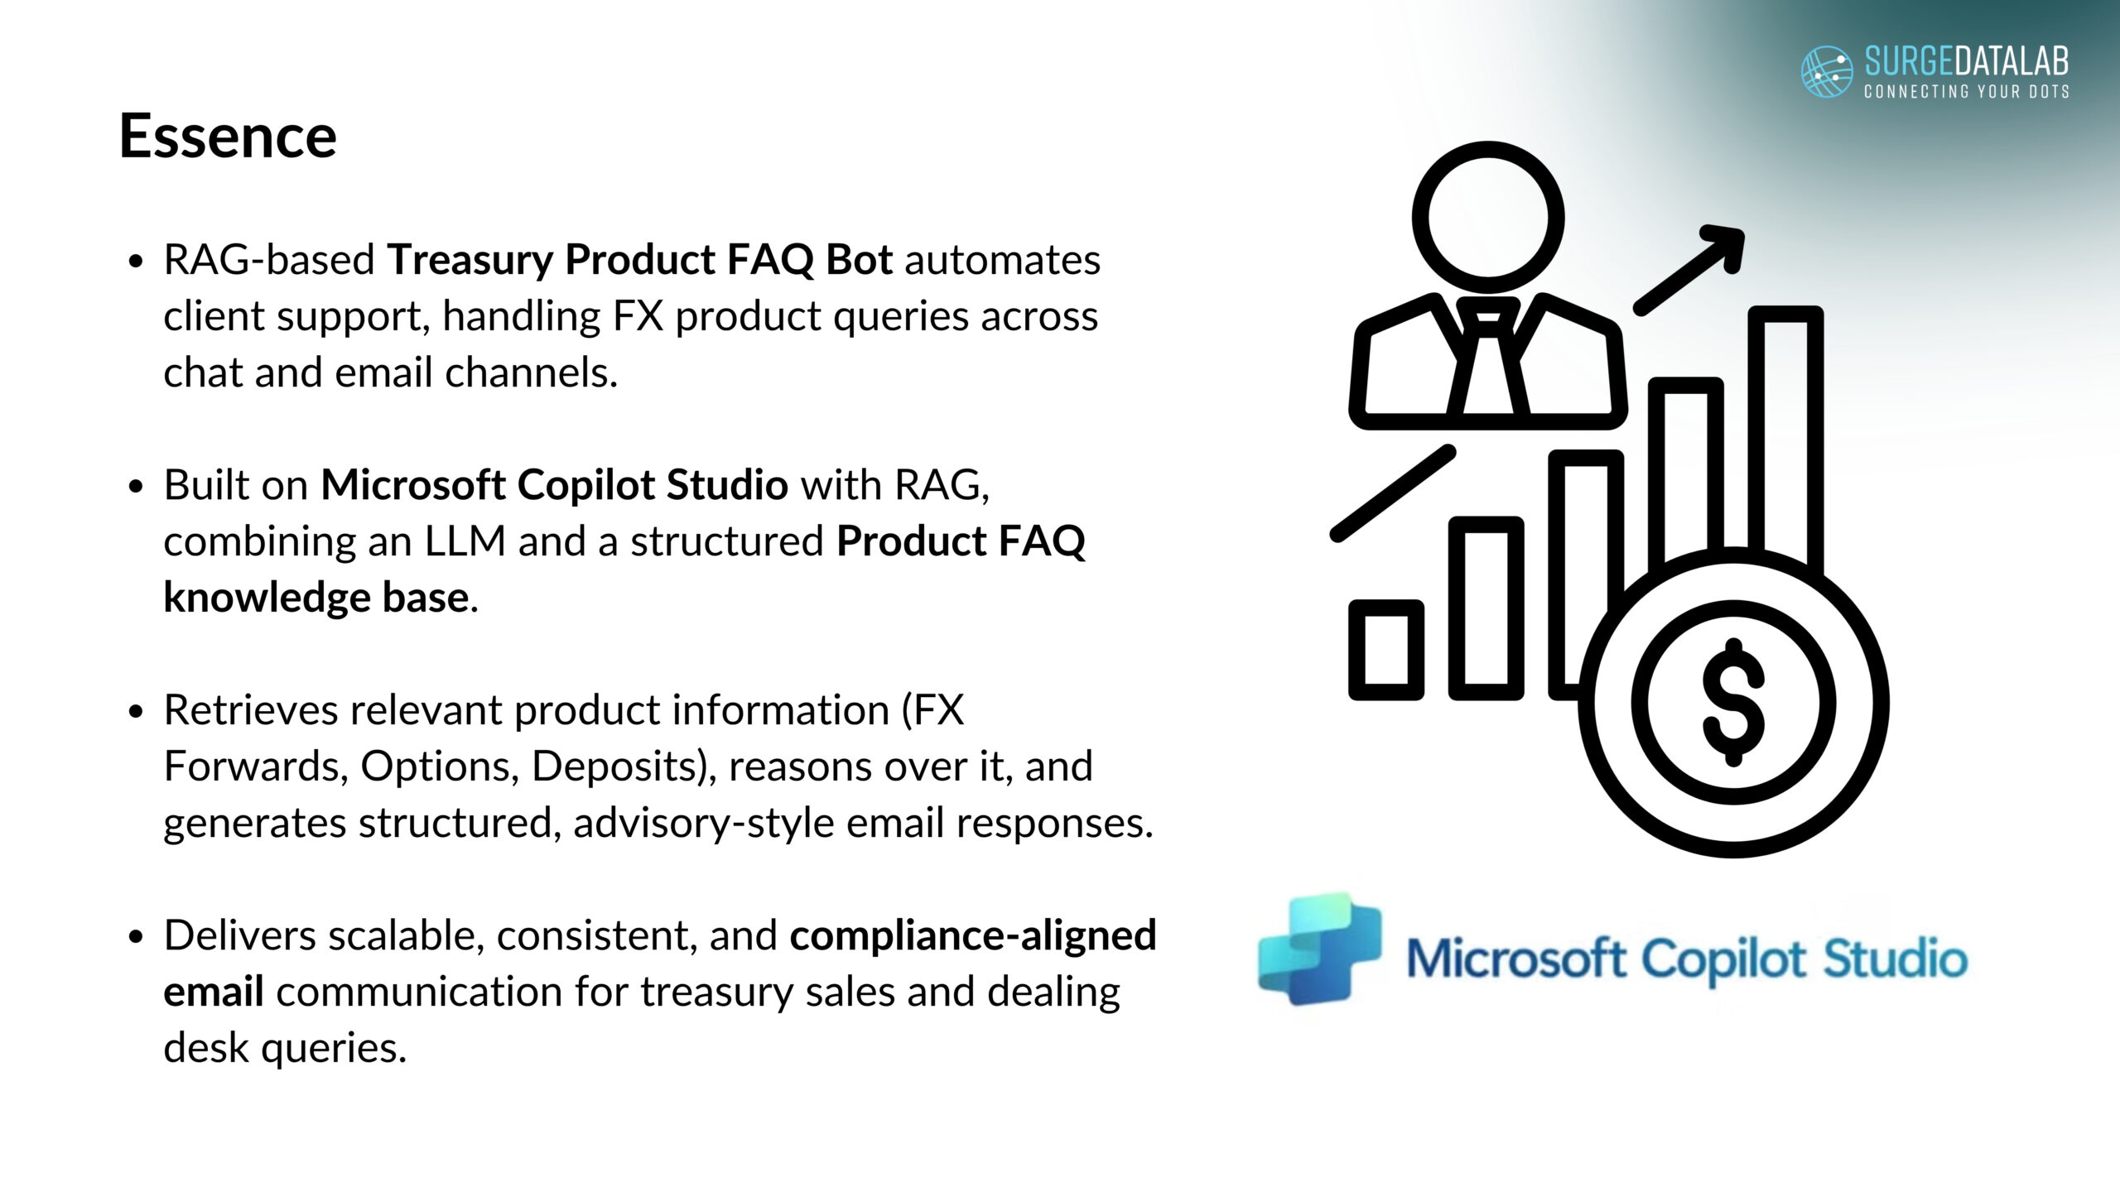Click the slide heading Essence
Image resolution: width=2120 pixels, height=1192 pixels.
click(x=228, y=136)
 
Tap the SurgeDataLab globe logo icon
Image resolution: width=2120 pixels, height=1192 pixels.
click(x=1827, y=72)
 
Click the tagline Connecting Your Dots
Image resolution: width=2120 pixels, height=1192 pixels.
click(x=1967, y=91)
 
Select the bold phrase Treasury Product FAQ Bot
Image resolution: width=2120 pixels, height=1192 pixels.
click(x=640, y=260)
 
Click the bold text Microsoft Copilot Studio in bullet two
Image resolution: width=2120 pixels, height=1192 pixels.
click(x=554, y=485)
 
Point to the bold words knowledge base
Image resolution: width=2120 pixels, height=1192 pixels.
click(x=316, y=597)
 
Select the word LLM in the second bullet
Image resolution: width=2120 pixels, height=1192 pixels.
click(x=465, y=541)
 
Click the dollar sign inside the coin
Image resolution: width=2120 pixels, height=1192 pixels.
click(x=1733, y=703)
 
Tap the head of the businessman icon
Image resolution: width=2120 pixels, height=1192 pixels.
click(x=1488, y=217)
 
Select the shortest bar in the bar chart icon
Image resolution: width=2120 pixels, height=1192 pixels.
click(x=1386, y=650)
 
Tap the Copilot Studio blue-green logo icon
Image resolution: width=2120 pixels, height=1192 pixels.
click(x=1318, y=949)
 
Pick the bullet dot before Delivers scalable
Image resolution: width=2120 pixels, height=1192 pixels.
click(x=137, y=937)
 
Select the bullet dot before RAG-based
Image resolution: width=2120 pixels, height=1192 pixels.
click(x=137, y=262)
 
